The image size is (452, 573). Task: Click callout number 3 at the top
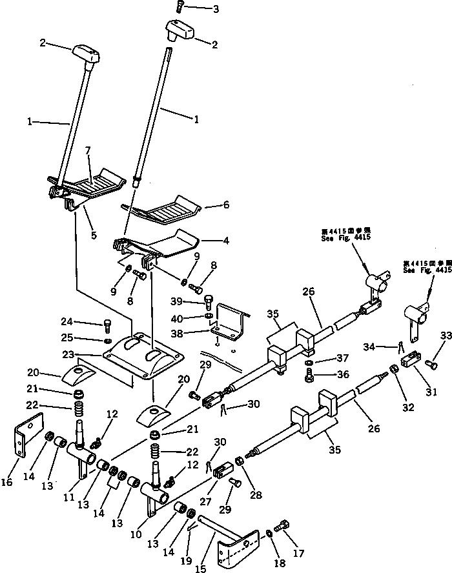pos(198,10)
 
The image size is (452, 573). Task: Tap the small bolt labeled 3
pos(179,8)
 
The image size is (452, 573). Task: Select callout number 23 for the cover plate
pos(87,354)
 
